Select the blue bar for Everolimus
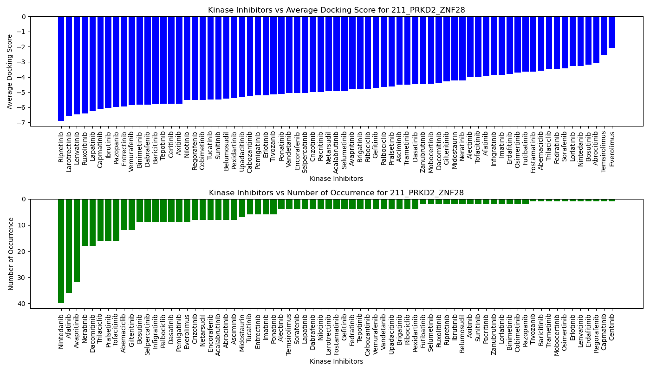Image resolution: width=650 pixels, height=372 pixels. (x=612, y=32)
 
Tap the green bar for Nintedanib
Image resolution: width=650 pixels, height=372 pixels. (x=61, y=251)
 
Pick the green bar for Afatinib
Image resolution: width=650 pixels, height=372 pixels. (x=69, y=246)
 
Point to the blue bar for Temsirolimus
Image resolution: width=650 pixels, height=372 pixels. (x=604, y=36)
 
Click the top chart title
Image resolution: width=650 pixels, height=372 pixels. (x=336, y=10)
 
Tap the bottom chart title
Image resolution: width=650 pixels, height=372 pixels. (x=336, y=193)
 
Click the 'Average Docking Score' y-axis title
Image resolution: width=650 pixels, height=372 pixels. (x=10, y=71)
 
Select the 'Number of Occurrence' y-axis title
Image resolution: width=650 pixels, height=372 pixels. (x=11, y=253)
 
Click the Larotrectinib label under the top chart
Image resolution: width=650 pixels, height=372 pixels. (x=69, y=152)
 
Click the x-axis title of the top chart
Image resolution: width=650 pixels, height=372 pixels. (x=336, y=179)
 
